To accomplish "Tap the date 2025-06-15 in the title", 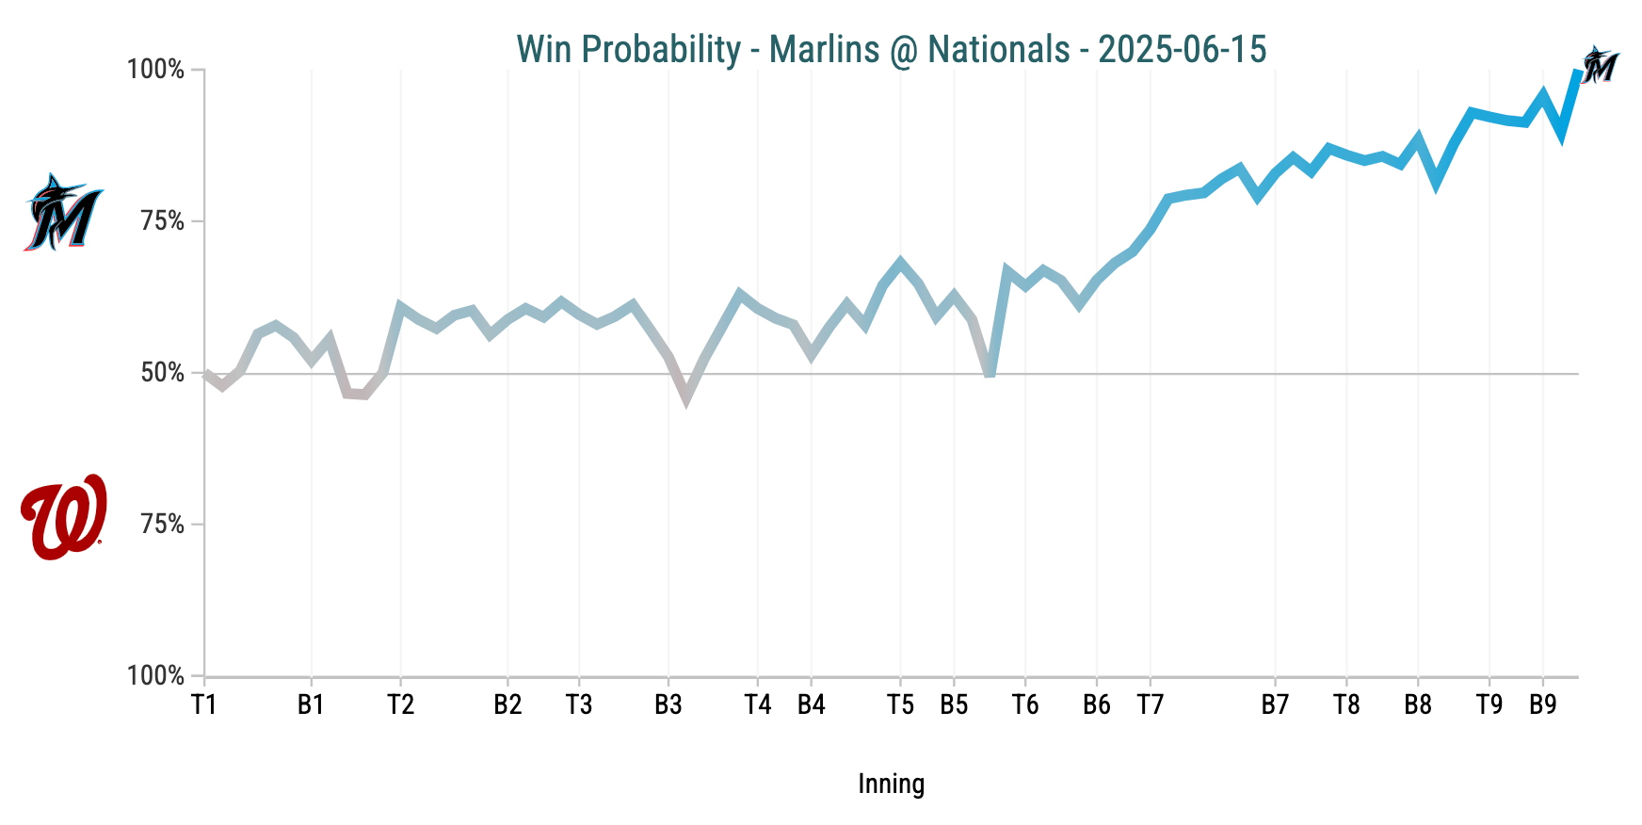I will pos(1182,49).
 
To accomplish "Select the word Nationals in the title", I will pos(999,49).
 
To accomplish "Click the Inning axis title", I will pos(891,784).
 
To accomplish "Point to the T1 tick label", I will pos(204,705).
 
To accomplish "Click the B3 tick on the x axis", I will pos(668,705).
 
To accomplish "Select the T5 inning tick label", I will pos(900,705).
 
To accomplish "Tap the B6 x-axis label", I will pos(1097,705).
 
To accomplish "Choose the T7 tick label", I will pos(1150,705).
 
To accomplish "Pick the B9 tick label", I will pos(1542,705).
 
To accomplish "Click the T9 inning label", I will pos(1489,705).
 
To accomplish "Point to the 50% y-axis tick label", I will pos(163,374).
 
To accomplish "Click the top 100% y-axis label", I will pos(156,71).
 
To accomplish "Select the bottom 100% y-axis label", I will pos(156,676).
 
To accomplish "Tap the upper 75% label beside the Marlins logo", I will pos(163,222).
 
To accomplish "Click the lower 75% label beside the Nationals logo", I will pos(163,525).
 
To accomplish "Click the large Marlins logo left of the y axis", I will pos(63,213).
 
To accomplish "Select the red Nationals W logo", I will pos(63,517).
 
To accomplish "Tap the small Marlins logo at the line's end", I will pos(1599,66).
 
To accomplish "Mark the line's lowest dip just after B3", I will pos(686,396).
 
